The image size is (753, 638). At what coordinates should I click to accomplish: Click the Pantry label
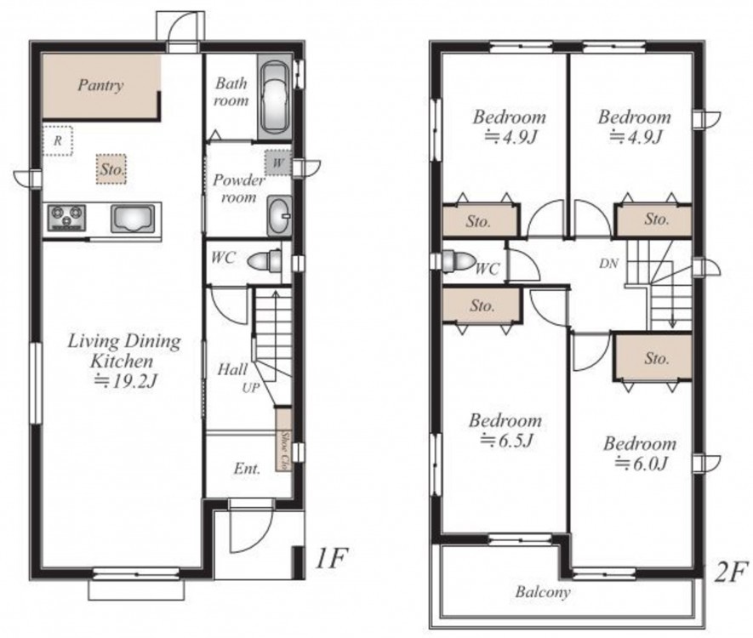click(100, 85)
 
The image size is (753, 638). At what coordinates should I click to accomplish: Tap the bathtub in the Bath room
click(274, 98)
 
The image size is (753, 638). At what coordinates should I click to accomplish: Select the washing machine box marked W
click(278, 163)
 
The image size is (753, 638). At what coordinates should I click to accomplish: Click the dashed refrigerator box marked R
click(58, 140)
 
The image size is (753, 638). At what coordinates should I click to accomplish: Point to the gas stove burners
click(66, 218)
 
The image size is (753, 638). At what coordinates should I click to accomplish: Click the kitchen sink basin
click(133, 219)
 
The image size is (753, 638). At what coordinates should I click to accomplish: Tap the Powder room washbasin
click(279, 216)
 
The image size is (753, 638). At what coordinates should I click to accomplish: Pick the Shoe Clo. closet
click(284, 439)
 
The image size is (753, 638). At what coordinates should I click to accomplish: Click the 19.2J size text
click(125, 381)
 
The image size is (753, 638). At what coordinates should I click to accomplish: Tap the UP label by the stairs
click(251, 387)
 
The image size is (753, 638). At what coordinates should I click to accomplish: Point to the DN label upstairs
click(608, 263)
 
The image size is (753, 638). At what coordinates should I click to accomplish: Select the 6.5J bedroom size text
click(506, 440)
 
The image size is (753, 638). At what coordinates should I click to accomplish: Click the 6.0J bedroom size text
click(641, 464)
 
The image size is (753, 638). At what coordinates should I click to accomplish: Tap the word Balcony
click(543, 592)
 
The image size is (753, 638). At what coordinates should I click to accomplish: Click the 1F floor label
click(331, 558)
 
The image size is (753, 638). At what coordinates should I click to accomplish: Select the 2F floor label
click(730, 572)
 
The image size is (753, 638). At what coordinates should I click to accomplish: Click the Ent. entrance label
click(248, 469)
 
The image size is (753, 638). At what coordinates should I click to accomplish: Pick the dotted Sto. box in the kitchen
click(111, 169)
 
